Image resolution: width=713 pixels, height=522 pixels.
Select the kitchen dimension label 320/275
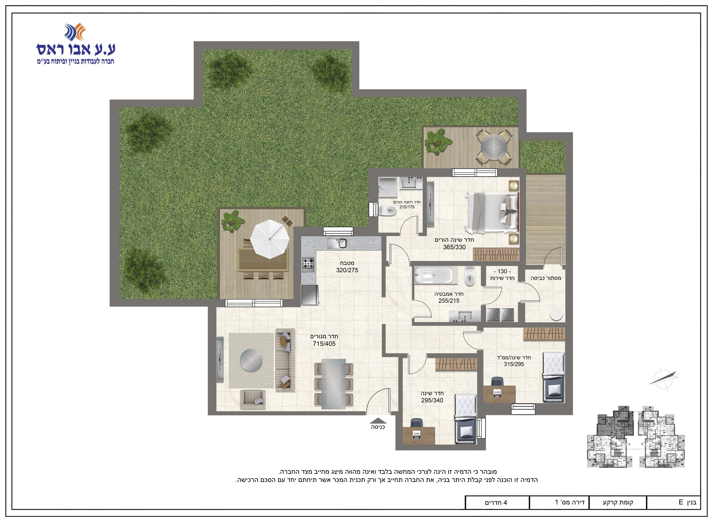347,270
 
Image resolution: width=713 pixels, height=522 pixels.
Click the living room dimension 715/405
324,344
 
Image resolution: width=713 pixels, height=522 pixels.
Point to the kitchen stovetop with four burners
309,265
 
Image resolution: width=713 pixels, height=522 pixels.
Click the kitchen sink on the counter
337,243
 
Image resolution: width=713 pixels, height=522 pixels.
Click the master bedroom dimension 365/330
454,247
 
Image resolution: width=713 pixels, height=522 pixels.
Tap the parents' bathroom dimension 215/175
407,207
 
